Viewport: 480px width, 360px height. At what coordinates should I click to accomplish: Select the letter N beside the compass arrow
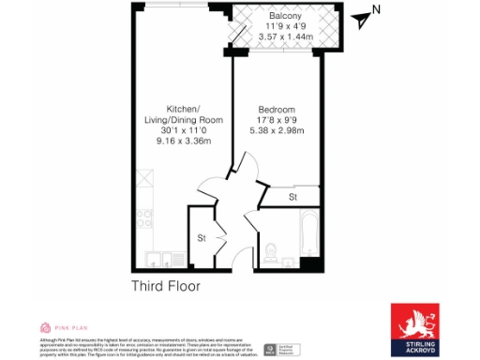[x=376, y=10]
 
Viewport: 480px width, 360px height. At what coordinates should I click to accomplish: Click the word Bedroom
[x=277, y=109]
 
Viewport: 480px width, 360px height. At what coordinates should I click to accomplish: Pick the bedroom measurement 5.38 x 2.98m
[x=277, y=130]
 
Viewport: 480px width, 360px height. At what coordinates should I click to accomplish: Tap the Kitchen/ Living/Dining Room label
[x=184, y=119]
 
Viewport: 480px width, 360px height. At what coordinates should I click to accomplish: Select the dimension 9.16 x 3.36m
[x=184, y=141]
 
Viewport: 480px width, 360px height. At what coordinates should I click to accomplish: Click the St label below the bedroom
[x=292, y=197]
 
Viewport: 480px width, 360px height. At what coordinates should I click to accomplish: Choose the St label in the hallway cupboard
[x=201, y=238]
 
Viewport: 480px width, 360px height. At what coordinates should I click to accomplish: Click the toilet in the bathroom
[x=270, y=251]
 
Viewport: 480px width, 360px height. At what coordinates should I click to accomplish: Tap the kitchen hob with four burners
[x=145, y=220]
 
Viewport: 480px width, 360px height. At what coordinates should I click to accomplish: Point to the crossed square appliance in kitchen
[x=145, y=179]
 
